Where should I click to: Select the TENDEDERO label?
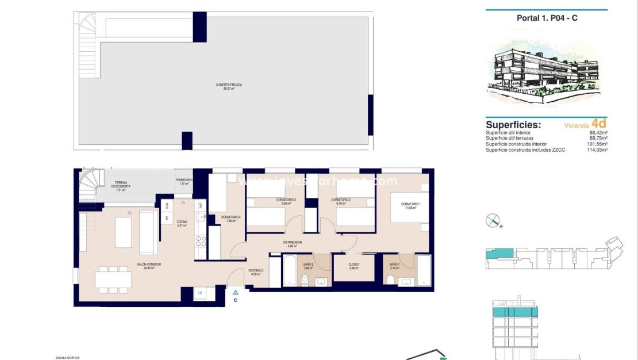[x=184, y=181]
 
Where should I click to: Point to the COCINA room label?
[x=182, y=224]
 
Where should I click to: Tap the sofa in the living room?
[x=148, y=232]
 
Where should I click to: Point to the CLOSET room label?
[x=353, y=266]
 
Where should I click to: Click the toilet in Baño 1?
[x=391, y=279]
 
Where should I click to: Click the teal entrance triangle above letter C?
[x=235, y=293]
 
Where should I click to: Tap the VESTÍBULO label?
[x=256, y=271]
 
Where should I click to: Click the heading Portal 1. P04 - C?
[x=547, y=18]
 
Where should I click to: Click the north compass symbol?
[x=493, y=220]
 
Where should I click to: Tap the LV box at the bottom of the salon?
[x=199, y=293]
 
